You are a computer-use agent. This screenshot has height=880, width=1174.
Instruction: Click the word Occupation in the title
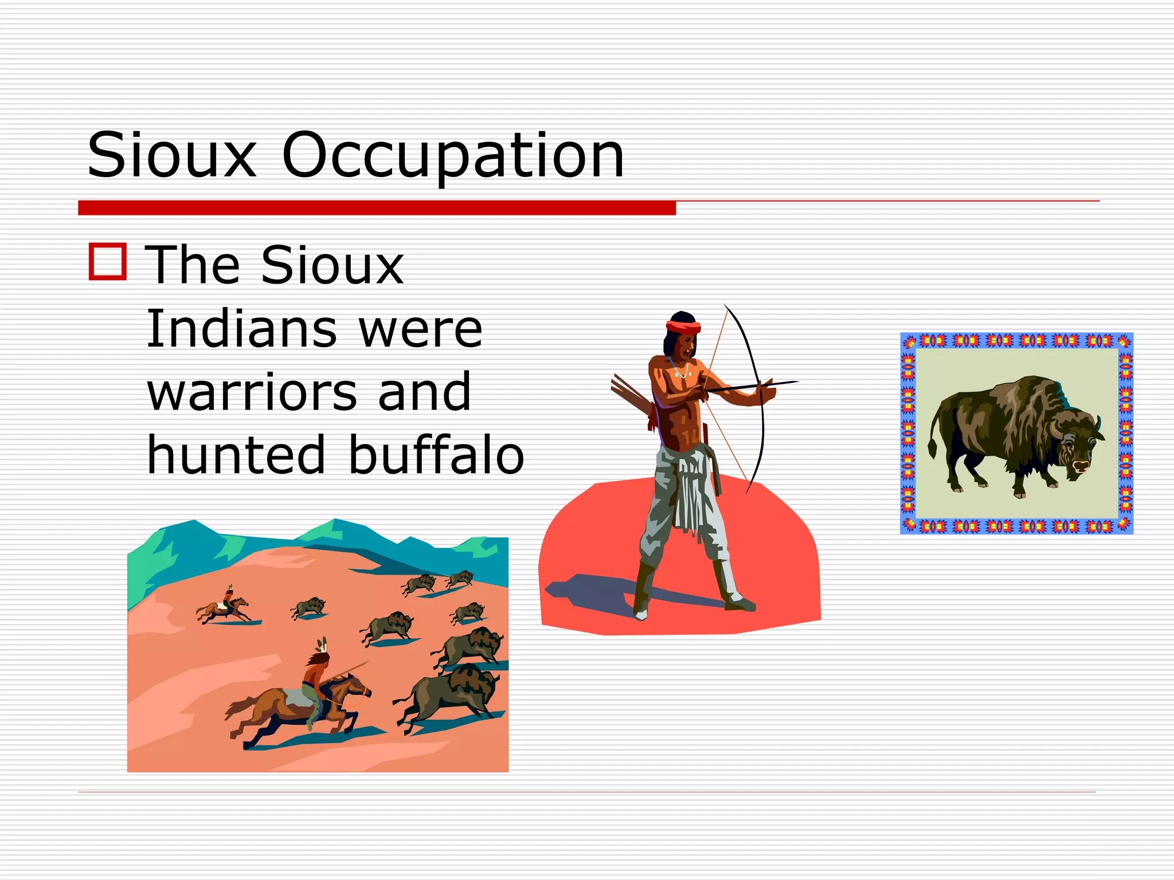click(453, 155)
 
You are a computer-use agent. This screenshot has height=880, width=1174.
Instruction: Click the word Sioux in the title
click(171, 155)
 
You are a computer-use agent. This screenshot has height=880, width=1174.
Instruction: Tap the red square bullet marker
click(108, 262)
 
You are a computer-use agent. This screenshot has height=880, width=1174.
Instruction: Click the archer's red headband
click(683, 327)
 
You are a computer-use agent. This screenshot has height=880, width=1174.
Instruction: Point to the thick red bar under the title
click(377, 207)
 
